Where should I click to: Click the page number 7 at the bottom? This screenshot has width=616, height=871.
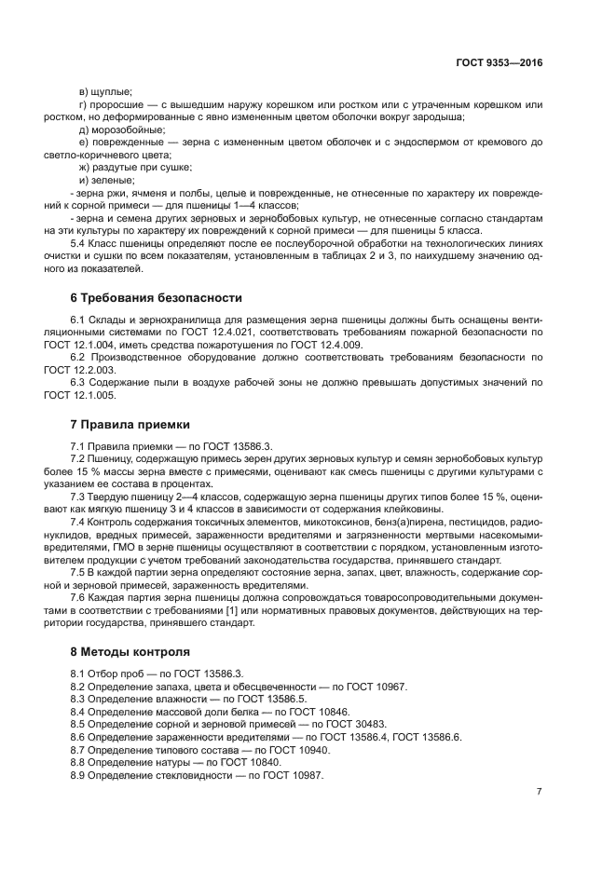[539, 792]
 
